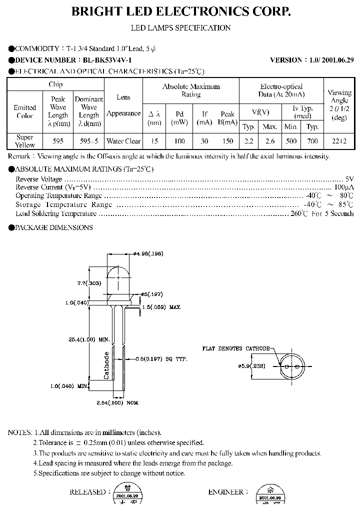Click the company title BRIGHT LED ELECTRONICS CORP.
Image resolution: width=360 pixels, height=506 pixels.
coord(180,11)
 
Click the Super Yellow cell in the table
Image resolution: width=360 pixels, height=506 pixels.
coord(25,141)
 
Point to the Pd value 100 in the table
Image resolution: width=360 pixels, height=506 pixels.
coord(179,141)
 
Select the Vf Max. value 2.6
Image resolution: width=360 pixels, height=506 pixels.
coord(270,141)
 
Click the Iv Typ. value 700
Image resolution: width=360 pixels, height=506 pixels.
coord(312,141)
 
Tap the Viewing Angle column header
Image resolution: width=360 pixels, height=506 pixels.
coord(339,105)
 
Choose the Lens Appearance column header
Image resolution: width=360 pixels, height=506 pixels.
coord(123,105)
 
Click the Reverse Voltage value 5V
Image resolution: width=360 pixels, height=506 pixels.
coord(349,179)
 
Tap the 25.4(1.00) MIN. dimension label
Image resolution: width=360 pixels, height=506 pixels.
coord(89,339)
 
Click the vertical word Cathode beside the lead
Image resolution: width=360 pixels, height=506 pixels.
coord(106,365)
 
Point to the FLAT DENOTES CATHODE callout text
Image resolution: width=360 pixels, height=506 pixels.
coord(236,348)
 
